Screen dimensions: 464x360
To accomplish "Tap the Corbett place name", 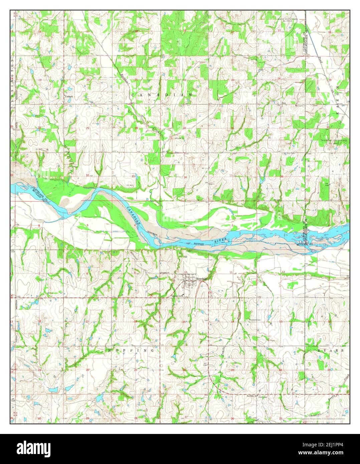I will (x=68, y=96).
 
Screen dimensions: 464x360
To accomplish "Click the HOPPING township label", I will (x=132, y=351).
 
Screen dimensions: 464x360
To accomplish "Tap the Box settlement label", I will (x=284, y=103).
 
